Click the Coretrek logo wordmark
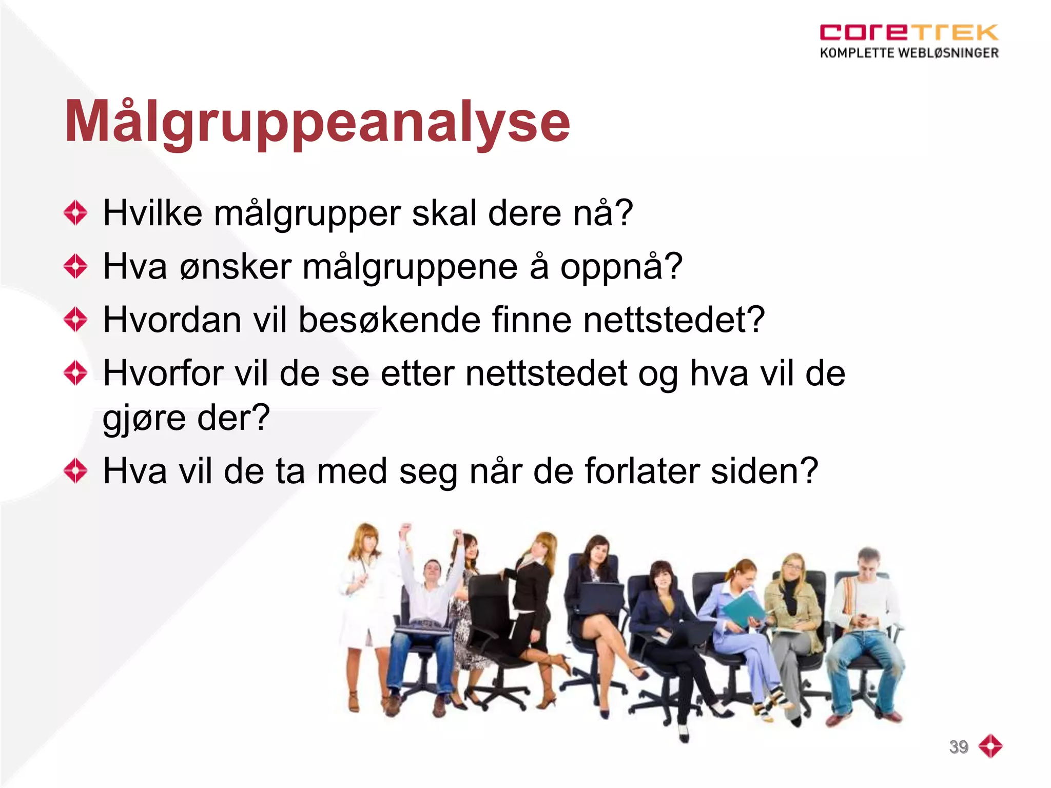point(908,32)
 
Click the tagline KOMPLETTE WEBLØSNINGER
point(909,53)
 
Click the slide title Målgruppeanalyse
point(317,122)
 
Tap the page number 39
point(958,746)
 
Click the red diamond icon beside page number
point(990,746)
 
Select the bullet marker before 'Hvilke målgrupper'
point(76,212)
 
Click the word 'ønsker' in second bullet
point(236,267)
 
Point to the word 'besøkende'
point(390,320)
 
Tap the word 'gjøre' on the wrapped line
point(144,418)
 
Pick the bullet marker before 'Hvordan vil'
point(76,319)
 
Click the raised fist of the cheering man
point(406,528)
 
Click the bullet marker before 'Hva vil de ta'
point(76,470)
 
